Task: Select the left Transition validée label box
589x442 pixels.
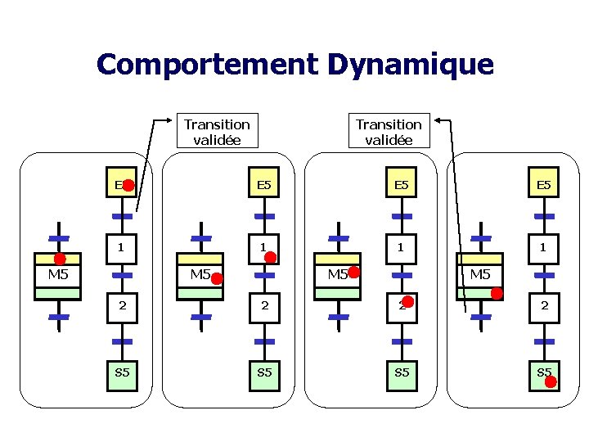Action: [217, 131]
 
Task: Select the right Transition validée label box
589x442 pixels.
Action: [389, 131]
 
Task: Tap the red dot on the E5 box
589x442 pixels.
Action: [128, 186]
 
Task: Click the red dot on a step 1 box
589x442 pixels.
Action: [270, 256]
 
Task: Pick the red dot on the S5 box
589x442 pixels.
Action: [551, 380]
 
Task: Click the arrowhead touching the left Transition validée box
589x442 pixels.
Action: [161, 121]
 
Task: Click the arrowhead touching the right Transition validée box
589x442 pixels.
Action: [438, 121]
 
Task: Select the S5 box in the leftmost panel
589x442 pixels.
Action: [122, 372]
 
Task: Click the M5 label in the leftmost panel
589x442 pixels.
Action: [58, 274]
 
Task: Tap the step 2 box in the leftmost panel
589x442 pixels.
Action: [122, 304]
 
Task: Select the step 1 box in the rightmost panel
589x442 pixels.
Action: [542, 246]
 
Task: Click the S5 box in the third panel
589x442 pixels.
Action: [400, 372]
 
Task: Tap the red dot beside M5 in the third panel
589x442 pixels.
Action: [353, 271]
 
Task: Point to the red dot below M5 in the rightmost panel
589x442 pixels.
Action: [497, 293]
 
